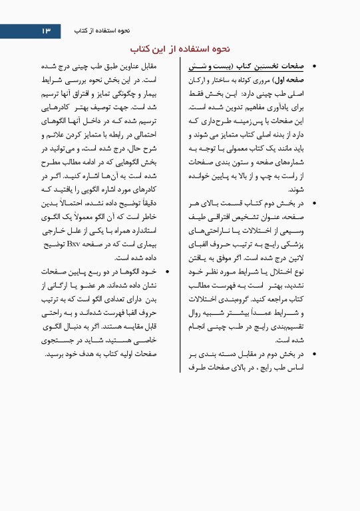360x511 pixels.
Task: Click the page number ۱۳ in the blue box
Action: click(x=45, y=31)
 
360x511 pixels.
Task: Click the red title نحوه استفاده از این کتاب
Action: click(x=180, y=49)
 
